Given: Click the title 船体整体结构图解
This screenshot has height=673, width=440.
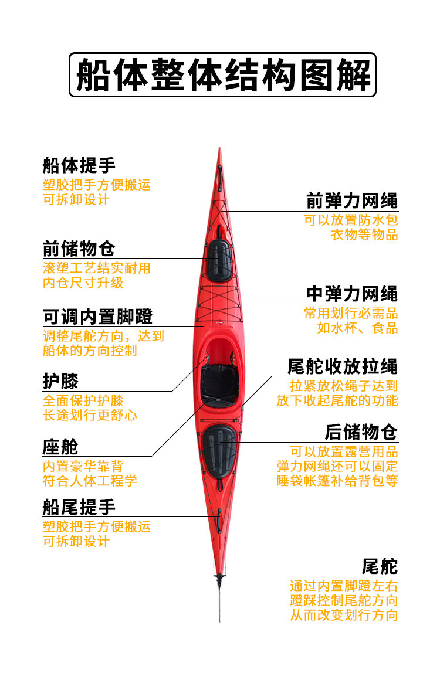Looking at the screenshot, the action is pyautogui.click(x=223, y=75).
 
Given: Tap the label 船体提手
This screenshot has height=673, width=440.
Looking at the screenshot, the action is pyautogui.click(x=79, y=165).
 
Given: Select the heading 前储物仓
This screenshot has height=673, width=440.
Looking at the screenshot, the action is pyautogui.click(x=79, y=248).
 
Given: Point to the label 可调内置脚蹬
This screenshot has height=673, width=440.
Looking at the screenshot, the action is pyautogui.click(x=97, y=317).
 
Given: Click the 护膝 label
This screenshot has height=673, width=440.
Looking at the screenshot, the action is pyautogui.click(x=60, y=382).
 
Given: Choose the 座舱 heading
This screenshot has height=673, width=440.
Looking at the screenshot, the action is pyautogui.click(x=60, y=447).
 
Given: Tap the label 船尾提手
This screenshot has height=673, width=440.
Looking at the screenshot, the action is pyautogui.click(x=79, y=507).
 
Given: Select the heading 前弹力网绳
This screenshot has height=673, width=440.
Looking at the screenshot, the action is pyautogui.click(x=352, y=201).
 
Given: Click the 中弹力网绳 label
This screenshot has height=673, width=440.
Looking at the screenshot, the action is pyautogui.click(x=352, y=294).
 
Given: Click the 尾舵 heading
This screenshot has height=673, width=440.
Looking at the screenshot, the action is pyautogui.click(x=380, y=566).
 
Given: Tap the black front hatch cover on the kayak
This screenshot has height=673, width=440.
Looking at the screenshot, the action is pyautogui.click(x=220, y=260).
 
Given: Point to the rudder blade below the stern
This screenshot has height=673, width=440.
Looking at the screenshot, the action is pyautogui.click(x=220, y=601).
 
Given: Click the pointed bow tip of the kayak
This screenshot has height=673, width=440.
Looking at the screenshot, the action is pyautogui.click(x=220, y=151).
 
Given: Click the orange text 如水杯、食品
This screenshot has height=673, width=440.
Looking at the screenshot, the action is pyautogui.click(x=358, y=328).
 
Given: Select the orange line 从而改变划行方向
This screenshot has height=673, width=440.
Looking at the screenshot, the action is pyautogui.click(x=344, y=616).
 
